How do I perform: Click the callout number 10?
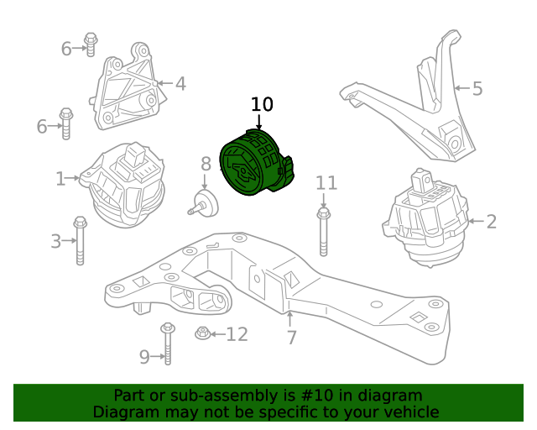pos(262,104)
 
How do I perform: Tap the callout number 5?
pos(477,87)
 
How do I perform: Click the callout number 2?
pos(491,222)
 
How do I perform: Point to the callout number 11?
pos(326,183)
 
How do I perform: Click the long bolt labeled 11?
pos(324,231)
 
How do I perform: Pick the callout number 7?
pos(291,338)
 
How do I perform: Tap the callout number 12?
pos(237,335)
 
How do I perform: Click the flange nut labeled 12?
pos(202,333)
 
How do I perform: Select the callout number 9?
pos(144,357)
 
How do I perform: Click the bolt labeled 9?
pos(167,343)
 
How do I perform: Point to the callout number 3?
pos(56,242)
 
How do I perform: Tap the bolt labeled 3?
pos(81,242)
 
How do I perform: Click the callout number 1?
pos(60,178)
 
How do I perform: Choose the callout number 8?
pos(206,164)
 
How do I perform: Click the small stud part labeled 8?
pos(204,202)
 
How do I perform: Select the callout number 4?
pos(180,83)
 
